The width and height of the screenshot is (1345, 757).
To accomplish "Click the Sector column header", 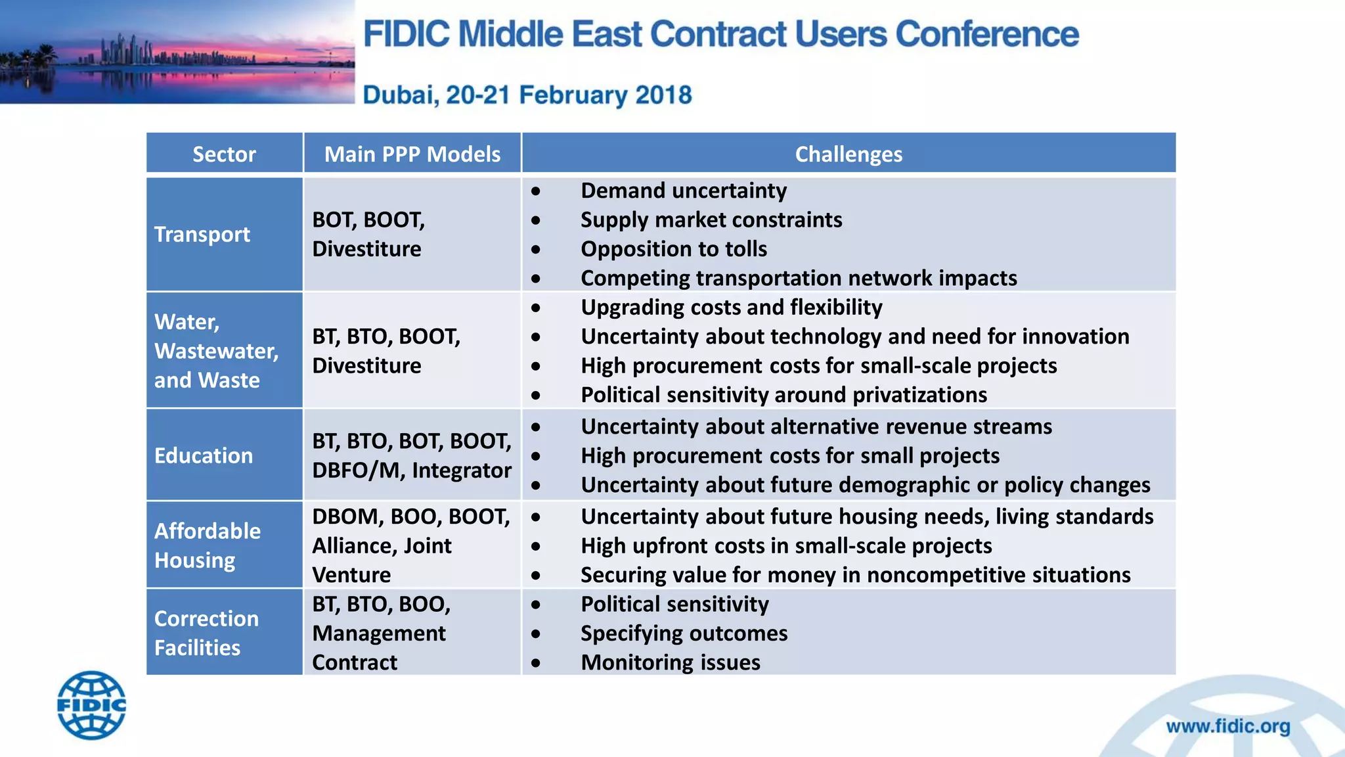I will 224,154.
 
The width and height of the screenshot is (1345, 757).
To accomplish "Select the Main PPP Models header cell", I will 412,154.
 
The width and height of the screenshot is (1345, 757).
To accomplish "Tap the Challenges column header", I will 848,154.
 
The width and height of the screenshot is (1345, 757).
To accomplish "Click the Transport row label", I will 202,235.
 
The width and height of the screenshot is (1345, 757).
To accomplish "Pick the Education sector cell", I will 204,455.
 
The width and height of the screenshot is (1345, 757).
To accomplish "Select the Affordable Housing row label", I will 207,545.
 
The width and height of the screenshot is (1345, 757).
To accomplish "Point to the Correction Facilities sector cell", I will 206,633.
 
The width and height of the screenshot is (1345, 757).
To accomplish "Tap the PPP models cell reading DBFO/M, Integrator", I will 411,455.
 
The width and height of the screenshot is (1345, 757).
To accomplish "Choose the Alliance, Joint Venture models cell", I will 410,545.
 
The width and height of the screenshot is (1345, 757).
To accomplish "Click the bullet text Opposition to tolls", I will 674,249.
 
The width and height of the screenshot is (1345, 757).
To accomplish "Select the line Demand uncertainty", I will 684,191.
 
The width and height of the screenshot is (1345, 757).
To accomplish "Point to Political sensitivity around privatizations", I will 783,395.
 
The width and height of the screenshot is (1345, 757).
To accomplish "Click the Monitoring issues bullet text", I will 671,662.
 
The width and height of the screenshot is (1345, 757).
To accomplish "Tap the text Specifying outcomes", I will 684,633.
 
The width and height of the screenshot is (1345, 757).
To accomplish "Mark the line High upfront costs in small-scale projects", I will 786,546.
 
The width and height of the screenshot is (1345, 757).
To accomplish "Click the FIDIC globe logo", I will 91,705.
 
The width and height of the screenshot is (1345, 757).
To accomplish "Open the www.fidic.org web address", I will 1227,726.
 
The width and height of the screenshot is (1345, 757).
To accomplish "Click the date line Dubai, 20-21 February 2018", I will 527,95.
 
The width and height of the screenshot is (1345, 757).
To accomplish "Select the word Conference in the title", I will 986,34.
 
